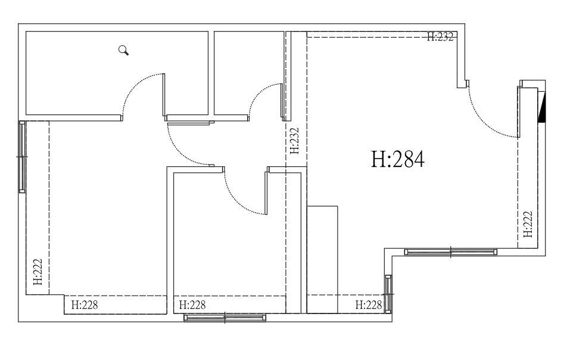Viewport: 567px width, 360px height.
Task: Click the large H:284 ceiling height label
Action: [398, 160]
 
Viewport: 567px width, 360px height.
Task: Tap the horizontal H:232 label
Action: [440, 37]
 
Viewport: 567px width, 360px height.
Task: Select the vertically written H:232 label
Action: [295, 141]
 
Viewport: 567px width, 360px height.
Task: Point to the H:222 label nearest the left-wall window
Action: [38, 272]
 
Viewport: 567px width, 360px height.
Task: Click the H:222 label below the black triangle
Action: [528, 224]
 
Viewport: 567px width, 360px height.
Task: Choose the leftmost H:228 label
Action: [84, 305]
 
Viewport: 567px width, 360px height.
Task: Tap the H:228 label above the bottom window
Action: [192, 305]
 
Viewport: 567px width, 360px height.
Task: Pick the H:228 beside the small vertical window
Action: [369, 305]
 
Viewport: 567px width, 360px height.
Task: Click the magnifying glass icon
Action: [124, 50]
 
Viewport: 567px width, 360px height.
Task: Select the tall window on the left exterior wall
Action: [22, 157]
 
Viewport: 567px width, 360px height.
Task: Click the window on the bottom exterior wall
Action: [225, 318]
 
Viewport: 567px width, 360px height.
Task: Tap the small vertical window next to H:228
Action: [388, 294]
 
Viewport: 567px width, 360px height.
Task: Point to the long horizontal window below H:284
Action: [450, 252]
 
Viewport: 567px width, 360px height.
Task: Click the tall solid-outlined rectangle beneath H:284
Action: [322, 259]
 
